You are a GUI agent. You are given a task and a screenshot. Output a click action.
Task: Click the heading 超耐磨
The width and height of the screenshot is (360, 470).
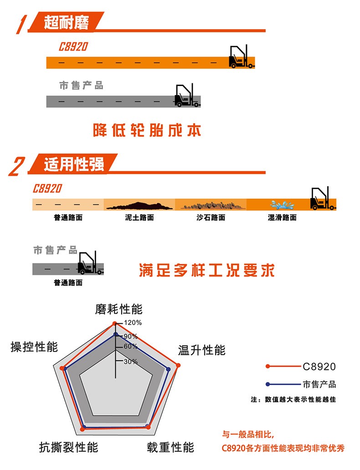66,22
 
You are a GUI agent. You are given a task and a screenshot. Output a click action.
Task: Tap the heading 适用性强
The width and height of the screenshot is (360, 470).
74,164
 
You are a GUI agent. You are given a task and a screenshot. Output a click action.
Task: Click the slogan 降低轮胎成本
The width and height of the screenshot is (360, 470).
147,130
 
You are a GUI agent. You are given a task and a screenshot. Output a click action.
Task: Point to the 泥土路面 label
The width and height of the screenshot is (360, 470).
139,218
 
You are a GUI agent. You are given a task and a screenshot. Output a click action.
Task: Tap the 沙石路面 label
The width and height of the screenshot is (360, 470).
211,218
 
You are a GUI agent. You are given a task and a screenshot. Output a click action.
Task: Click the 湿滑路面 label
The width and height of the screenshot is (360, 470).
282,218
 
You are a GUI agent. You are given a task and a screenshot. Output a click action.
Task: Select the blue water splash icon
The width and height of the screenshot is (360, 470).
282,205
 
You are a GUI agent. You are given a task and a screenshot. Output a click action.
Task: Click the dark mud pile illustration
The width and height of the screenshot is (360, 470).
139,206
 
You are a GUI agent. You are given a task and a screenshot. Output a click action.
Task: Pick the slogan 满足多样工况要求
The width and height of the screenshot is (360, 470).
207,271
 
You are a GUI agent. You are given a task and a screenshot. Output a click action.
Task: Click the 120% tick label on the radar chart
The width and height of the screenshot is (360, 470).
133,323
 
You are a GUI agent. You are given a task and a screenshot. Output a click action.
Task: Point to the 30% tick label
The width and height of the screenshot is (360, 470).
131,362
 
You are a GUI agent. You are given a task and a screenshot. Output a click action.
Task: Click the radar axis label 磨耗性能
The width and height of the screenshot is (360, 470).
119,309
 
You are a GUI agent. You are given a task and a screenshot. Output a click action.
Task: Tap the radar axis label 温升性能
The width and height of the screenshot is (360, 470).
201,350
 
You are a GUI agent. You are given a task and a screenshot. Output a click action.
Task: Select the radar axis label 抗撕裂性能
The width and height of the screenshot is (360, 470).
69,447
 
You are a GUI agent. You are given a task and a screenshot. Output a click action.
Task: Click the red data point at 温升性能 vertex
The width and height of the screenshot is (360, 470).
178,365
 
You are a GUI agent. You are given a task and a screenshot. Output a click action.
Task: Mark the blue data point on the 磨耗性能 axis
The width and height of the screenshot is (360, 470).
115,334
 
